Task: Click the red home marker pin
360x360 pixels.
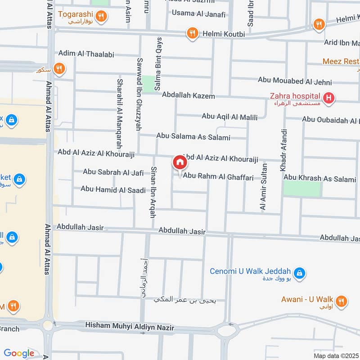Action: pyautogui.click(x=179, y=162)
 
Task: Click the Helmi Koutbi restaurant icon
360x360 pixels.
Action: pyautogui.click(x=193, y=33)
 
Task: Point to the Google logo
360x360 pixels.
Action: pyautogui.click(x=19, y=353)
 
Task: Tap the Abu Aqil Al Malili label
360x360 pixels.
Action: pyautogui.click(x=229, y=117)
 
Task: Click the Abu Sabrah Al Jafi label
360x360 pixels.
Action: pyautogui.click(x=113, y=171)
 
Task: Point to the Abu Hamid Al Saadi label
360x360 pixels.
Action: pyautogui.click(x=113, y=189)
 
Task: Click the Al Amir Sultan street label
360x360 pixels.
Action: pyautogui.click(x=264, y=187)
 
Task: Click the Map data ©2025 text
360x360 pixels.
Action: pyautogui.click(x=336, y=355)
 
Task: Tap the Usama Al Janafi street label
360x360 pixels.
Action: pyautogui.click(x=198, y=14)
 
